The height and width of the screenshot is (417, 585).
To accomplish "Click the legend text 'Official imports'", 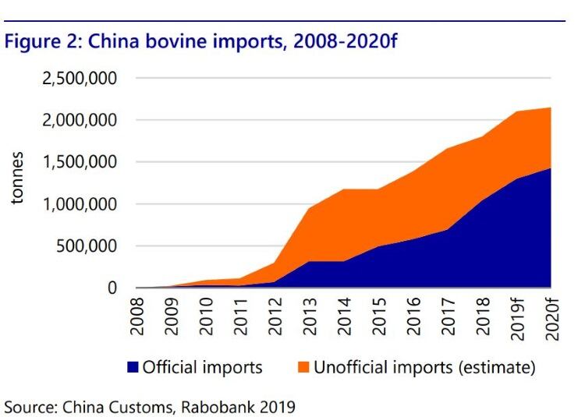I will tap(202, 367).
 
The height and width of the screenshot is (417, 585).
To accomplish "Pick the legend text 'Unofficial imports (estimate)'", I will tap(424, 367).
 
